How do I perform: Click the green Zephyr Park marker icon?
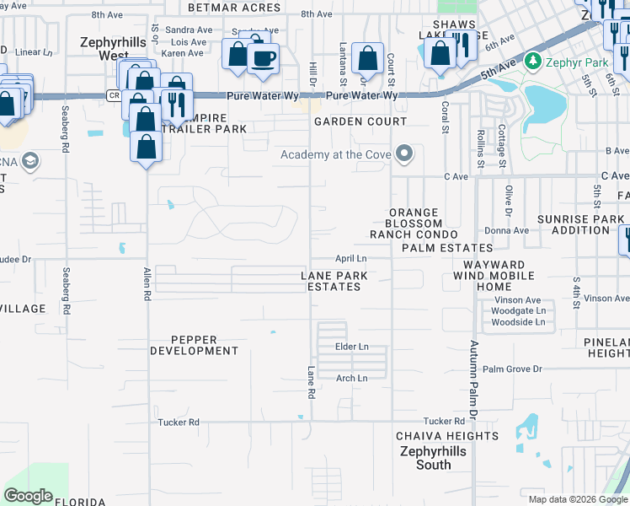click(x=531, y=61)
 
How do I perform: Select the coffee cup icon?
click(x=264, y=57)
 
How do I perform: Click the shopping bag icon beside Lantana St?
click(x=367, y=58)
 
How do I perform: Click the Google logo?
click(x=28, y=496)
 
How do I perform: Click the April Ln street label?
click(x=351, y=258)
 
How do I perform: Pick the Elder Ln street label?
click(x=351, y=347)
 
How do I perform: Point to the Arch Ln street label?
click(x=351, y=379)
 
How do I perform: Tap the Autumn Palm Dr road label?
click(x=473, y=380)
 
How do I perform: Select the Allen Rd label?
click(x=147, y=280)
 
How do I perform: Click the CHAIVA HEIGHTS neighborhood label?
click(x=447, y=436)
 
